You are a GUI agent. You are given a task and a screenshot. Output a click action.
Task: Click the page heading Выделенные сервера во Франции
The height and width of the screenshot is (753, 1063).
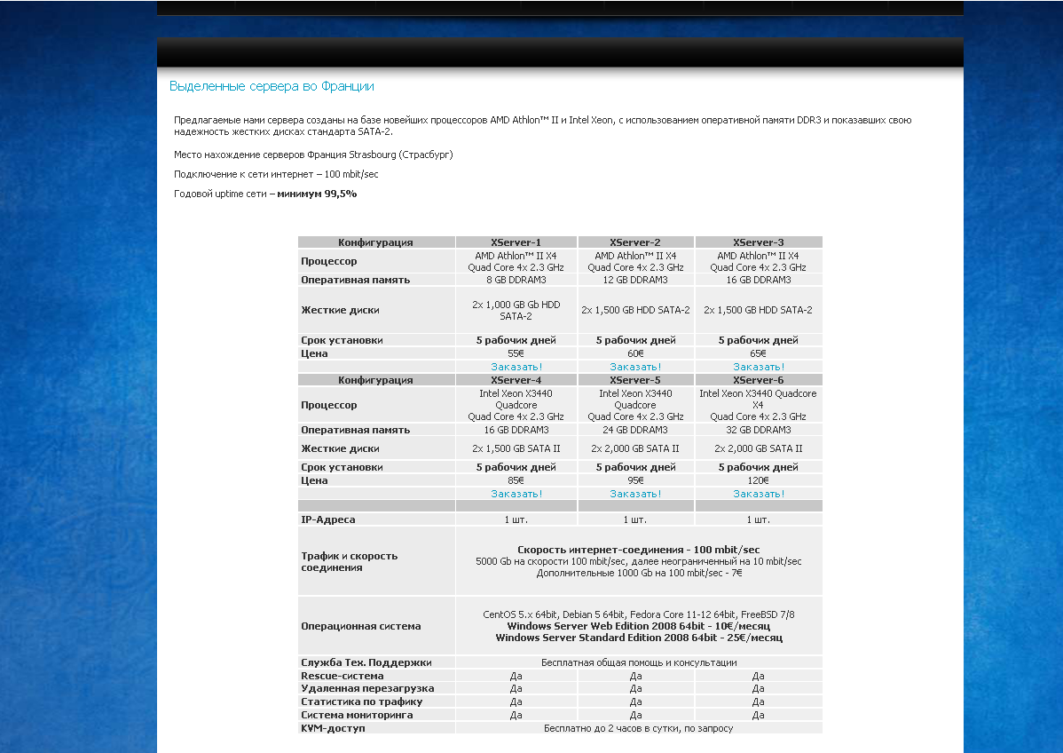tap(272, 86)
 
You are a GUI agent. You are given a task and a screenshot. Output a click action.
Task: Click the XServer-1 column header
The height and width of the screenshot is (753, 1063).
tap(516, 242)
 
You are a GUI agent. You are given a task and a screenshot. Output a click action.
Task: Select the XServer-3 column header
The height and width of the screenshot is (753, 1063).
tap(758, 242)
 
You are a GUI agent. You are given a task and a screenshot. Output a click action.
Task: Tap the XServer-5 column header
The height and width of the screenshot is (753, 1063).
tap(635, 380)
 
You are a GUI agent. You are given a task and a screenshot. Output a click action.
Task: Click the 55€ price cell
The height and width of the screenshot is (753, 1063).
tap(516, 353)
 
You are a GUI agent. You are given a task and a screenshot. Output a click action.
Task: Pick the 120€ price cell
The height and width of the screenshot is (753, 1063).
tap(758, 480)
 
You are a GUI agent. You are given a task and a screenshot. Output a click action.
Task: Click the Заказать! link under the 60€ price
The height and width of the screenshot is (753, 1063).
tap(635, 367)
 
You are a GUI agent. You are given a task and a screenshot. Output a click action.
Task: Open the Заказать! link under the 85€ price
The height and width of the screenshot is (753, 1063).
tap(516, 494)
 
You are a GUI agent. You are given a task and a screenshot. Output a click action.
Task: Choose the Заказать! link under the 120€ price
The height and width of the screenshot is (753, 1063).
tap(758, 494)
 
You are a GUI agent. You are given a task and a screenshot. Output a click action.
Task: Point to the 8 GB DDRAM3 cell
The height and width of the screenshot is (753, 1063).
tap(516, 280)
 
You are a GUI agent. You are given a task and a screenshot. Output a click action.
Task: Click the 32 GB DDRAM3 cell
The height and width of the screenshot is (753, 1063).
tap(758, 430)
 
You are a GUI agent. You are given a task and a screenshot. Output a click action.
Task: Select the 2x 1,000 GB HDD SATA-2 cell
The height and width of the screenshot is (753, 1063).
tap(516, 310)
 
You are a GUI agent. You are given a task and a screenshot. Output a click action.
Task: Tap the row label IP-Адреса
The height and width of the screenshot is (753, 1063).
tap(328, 519)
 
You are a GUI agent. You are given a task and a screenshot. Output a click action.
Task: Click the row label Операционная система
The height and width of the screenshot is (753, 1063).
tap(360, 626)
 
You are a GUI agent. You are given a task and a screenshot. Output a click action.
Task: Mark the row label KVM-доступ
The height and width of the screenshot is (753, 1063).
tap(333, 728)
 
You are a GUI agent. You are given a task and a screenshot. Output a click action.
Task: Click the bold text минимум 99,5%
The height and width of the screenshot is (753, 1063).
tap(317, 194)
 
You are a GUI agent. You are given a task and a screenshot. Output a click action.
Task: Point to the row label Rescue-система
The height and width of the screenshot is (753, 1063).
tap(343, 676)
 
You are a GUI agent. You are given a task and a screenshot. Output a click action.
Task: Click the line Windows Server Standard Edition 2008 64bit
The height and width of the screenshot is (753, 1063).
tap(638, 638)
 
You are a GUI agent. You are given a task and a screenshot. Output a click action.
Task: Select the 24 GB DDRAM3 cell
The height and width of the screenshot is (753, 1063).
tap(635, 430)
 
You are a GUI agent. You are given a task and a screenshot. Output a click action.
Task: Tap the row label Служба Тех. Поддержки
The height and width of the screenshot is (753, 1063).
tap(366, 662)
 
